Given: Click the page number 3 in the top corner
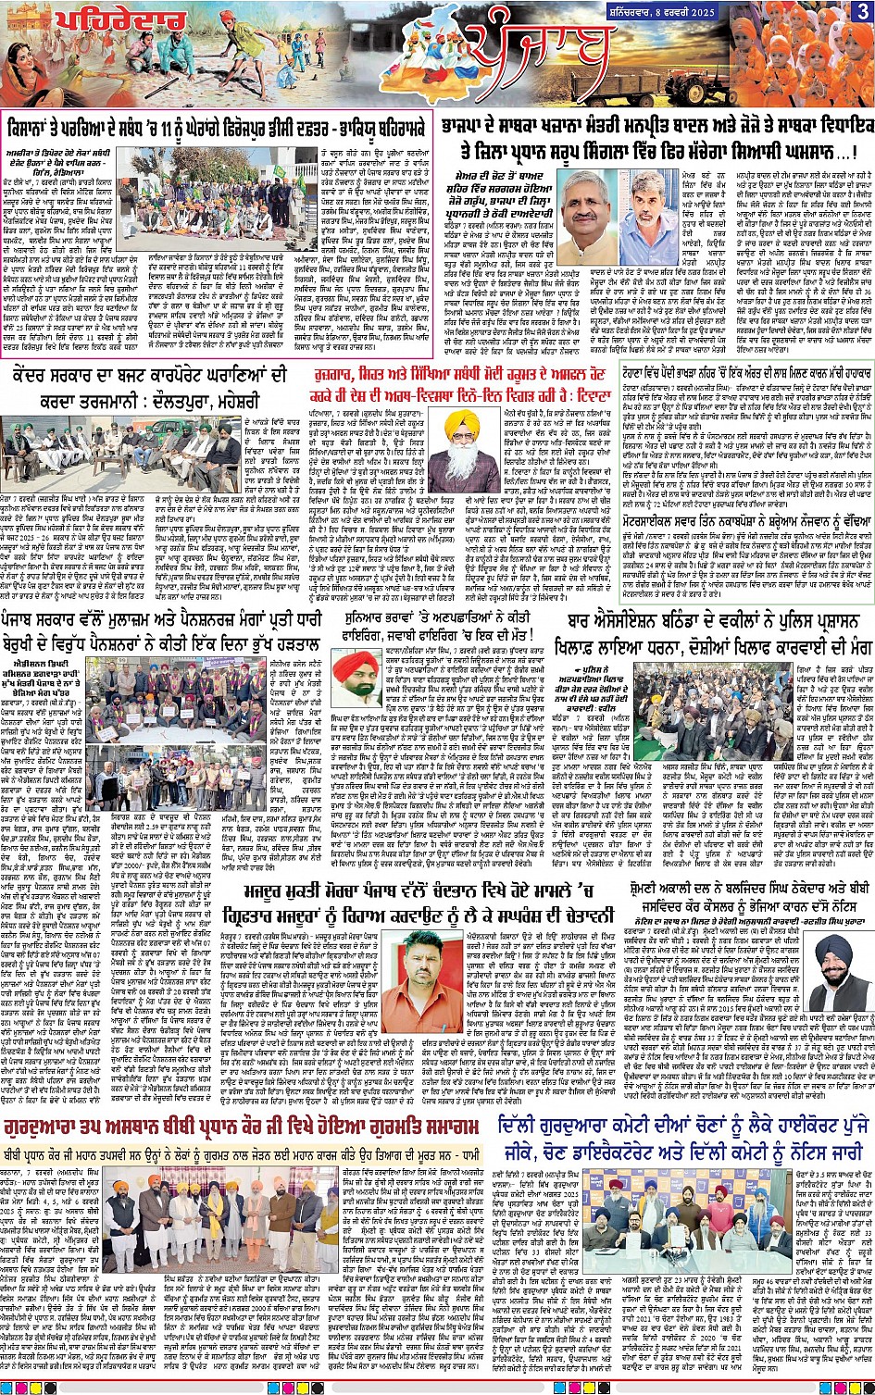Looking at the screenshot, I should pos(862,11).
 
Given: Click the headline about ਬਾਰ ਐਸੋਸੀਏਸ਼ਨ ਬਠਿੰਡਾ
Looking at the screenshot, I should pos(713,631).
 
